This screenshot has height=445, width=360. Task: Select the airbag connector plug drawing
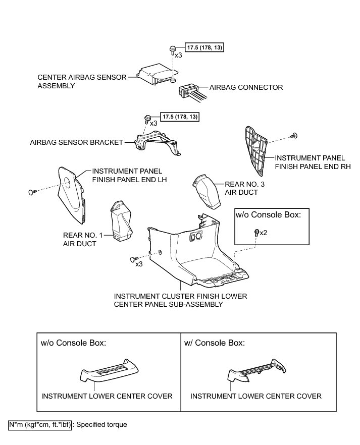click(188, 90)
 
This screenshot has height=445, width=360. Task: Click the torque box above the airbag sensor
click(204, 47)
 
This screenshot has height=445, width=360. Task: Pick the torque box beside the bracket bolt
click(180, 117)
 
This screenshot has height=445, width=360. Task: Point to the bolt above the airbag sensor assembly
click(172, 48)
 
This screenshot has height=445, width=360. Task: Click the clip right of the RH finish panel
click(294, 135)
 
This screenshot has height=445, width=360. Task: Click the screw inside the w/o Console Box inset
click(257, 232)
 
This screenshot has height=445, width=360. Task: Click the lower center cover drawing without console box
click(109, 373)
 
